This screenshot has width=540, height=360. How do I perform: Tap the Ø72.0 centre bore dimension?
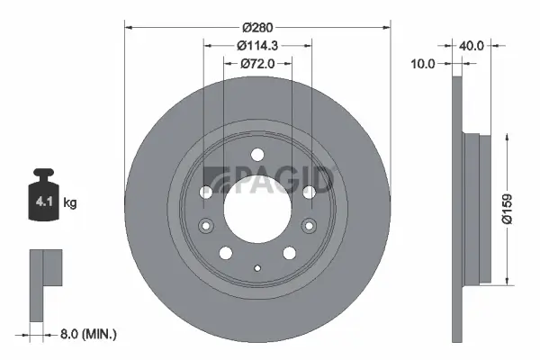point(257,63)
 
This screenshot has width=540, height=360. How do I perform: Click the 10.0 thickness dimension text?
point(423,63)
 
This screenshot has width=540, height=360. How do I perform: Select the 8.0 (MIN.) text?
point(87,334)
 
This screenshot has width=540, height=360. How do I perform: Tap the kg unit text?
point(70,204)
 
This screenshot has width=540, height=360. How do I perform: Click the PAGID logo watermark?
point(270,178)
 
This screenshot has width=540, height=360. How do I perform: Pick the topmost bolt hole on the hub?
point(257,154)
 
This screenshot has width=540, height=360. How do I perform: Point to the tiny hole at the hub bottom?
point(257,266)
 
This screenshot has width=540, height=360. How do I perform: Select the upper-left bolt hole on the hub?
point(205,192)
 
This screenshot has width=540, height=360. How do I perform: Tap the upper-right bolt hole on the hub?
point(310,192)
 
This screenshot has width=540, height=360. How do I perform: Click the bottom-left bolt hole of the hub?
point(225,253)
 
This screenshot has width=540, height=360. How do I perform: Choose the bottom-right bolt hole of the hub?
point(290,253)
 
